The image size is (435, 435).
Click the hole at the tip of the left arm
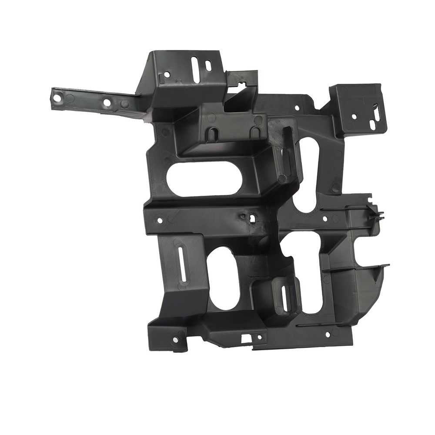pos(57,97)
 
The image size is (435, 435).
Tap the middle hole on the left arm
pos(107,103)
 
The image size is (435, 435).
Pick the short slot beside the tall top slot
pos(208,66)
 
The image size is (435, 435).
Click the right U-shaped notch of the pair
pos(256,134)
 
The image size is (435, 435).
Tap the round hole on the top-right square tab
pos(354,117)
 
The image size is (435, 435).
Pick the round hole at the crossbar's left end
pos(160,221)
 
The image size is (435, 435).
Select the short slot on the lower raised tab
pos(284,299)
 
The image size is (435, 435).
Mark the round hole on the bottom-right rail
pos(328,334)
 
